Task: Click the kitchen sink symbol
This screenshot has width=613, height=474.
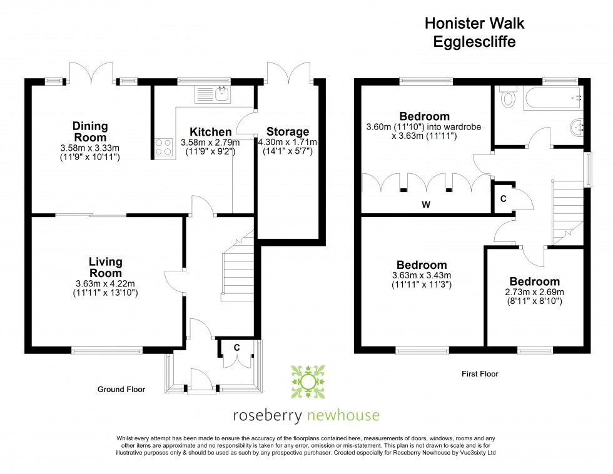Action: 213,95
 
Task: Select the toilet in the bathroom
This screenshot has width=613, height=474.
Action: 507,98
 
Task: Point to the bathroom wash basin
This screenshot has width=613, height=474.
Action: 577,128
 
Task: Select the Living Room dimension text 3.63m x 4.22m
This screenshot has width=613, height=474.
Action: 105,283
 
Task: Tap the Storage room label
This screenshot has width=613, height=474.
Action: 288,132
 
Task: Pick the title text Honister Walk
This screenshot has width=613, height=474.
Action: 475,24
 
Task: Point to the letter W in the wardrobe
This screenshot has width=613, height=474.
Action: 425,204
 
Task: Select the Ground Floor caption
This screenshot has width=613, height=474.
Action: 121,389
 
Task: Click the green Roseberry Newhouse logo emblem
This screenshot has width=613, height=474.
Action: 307,381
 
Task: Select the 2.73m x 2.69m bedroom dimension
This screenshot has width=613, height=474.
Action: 534,292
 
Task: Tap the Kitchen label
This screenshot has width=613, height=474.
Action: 211,132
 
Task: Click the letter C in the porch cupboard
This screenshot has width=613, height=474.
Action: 237,348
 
